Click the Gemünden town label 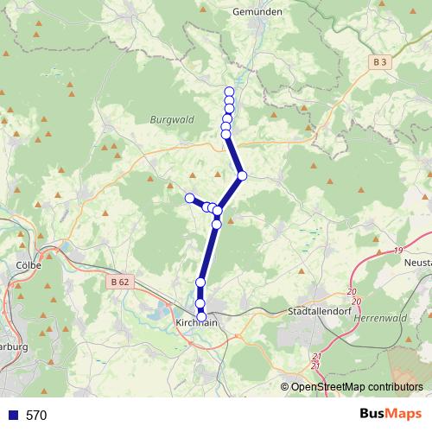tap(258, 12)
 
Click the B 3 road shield tap(381, 62)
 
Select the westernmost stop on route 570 tap(189, 198)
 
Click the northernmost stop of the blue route tap(229, 92)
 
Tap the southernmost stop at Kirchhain tap(202, 318)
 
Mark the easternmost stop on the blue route tap(243, 175)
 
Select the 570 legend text tap(36, 415)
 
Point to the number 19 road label tap(397, 250)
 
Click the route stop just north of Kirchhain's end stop tap(200, 303)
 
